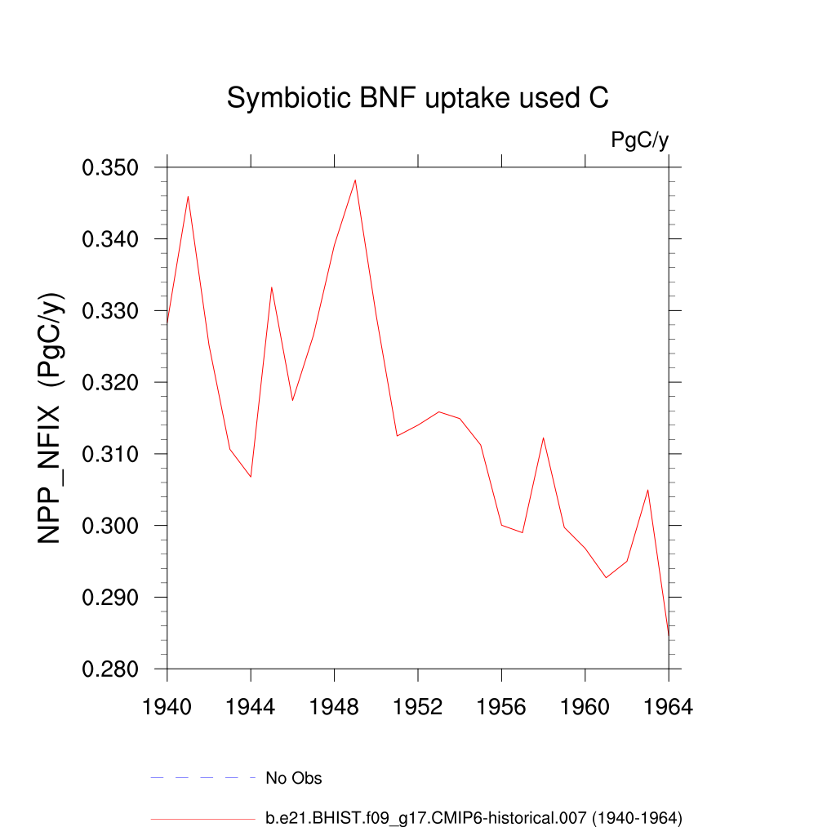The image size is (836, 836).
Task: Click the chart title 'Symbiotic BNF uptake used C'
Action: (x=417, y=99)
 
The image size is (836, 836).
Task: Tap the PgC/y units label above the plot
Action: (x=640, y=140)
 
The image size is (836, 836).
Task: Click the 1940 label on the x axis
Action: (x=167, y=707)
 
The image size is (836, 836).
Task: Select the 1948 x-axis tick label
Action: (x=334, y=707)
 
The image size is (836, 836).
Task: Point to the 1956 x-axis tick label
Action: (x=501, y=707)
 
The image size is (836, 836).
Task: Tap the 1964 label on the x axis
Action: (x=668, y=707)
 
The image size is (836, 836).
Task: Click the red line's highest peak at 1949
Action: (x=355, y=180)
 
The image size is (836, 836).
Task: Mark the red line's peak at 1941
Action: (x=188, y=196)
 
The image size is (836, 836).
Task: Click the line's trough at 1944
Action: (x=251, y=477)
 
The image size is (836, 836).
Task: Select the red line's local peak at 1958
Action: (x=543, y=438)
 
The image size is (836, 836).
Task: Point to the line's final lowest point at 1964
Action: (x=668, y=636)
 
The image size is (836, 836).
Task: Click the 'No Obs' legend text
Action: (x=294, y=778)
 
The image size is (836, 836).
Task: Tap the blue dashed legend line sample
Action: (x=203, y=778)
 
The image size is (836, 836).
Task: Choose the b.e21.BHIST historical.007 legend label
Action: (x=474, y=817)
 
